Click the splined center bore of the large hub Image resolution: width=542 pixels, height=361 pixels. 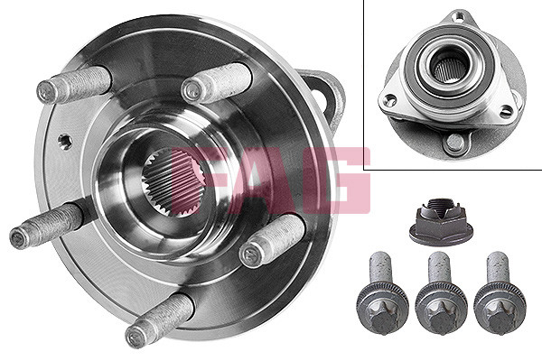173,183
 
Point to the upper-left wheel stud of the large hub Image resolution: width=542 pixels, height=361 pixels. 74,85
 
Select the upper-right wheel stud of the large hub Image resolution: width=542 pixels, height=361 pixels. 217,83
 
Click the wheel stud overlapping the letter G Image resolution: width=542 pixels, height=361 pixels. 272,240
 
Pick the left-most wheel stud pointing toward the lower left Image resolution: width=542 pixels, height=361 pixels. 46,226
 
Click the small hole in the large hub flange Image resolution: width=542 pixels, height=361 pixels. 65,142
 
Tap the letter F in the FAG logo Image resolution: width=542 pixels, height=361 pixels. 201,180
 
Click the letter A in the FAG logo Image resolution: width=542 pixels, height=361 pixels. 266,180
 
